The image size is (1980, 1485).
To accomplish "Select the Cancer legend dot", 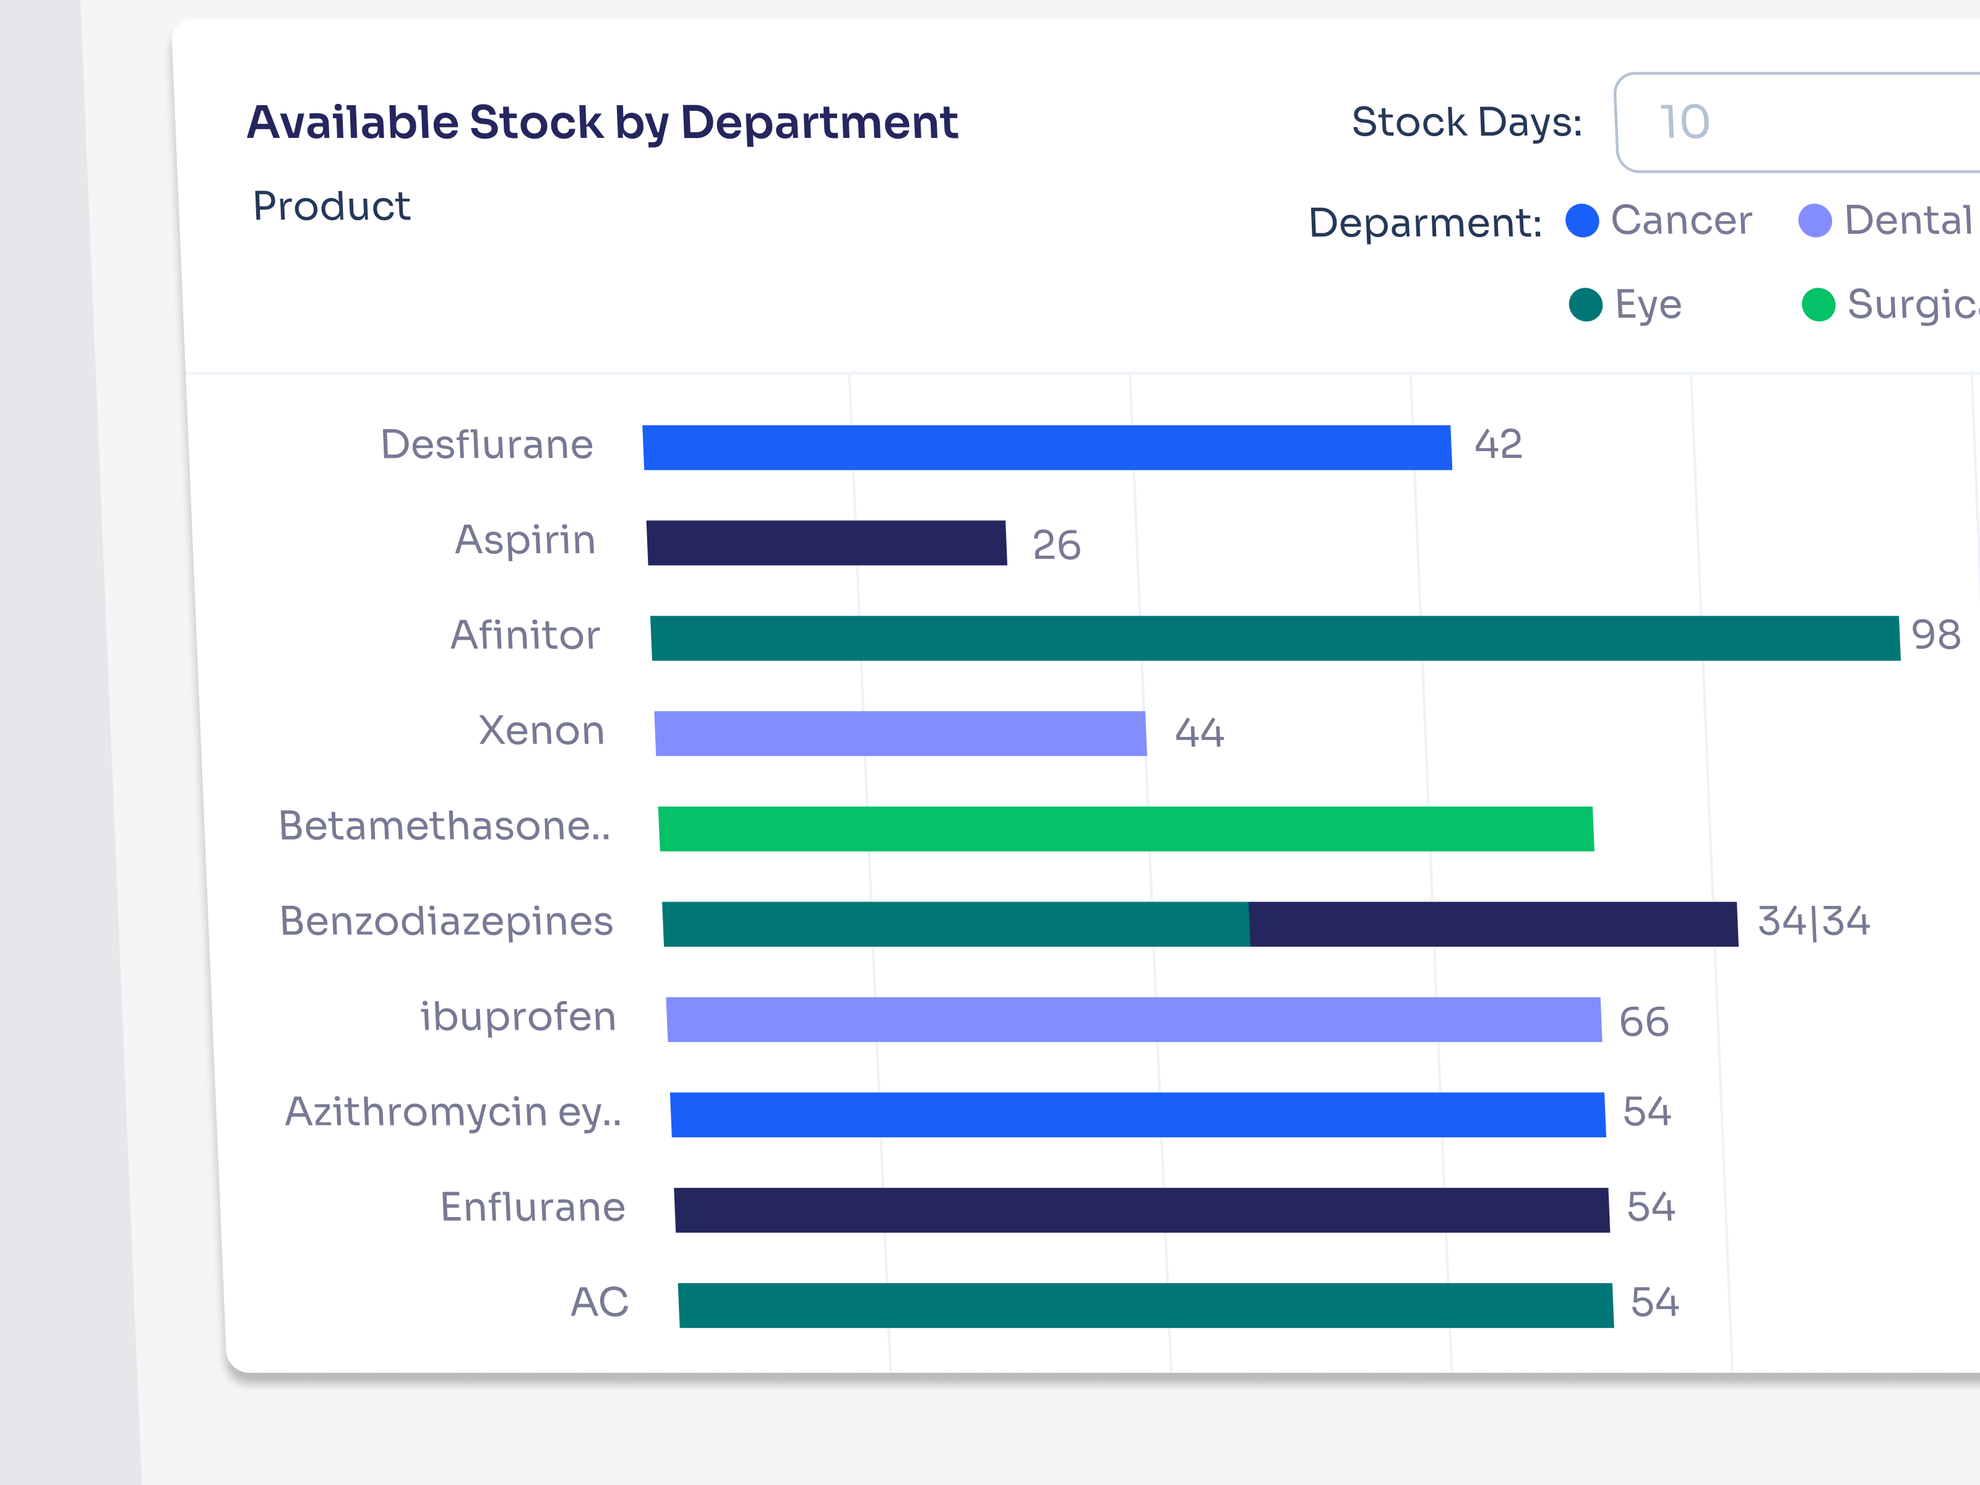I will pyautogui.click(x=1582, y=220).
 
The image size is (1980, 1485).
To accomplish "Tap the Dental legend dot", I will pyautogui.click(x=1814, y=220).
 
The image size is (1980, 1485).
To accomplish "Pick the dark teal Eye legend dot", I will pyautogui.click(x=1585, y=304).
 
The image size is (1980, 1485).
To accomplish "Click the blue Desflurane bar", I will pyautogui.click(x=1046, y=447).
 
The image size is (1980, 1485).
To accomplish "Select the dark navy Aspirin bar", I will pyautogui.click(x=826, y=543).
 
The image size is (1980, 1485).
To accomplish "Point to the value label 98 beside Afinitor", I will pyautogui.click(x=1935, y=635).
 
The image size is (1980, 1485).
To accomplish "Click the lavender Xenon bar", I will pyautogui.click(x=900, y=733).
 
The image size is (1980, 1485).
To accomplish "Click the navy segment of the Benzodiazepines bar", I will pyautogui.click(x=1492, y=924).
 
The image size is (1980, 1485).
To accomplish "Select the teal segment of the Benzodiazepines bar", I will pyautogui.click(x=955, y=924).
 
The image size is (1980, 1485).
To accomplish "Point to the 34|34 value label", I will pyautogui.click(x=1814, y=922).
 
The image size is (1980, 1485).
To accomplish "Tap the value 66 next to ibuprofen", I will pyautogui.click(x=1643, y=1022).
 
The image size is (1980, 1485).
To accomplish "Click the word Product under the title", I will pyautogui.click(x=331, y=207).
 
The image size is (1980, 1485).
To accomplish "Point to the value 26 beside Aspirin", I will pyautogui.click(x=1056, y=545).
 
